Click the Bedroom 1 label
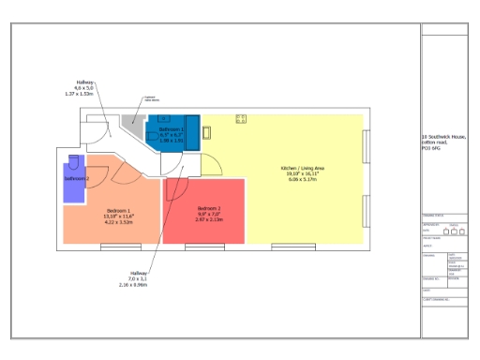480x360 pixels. pos(118,210)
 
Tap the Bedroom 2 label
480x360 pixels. pos(209,208)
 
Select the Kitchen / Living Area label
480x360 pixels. pos(300,169)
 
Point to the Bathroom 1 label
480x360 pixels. pos(172,128)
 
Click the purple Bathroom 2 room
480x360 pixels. pos(74,178)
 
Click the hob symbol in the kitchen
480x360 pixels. pos(241,118)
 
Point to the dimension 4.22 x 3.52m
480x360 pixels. pos(118,222)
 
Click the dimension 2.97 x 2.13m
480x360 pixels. pos(209,219)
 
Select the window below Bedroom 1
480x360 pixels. pos(114,246)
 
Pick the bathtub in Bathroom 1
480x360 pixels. pos(192,128)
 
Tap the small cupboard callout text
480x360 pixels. pos(150,97)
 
